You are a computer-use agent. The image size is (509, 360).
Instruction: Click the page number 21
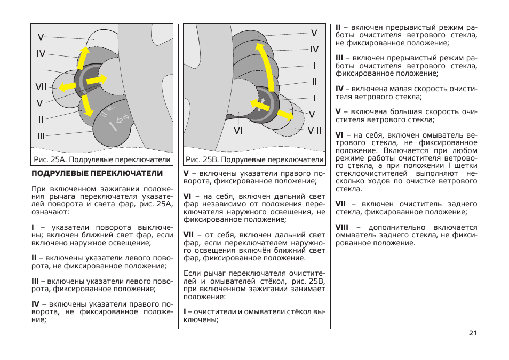(472, 333)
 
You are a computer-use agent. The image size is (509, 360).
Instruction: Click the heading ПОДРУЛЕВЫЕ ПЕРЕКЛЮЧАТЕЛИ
(97, 174)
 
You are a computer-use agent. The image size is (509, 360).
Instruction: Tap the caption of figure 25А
(102, 159)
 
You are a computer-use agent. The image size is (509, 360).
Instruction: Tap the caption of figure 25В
(254, 159)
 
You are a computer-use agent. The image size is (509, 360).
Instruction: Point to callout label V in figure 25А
(41, 37)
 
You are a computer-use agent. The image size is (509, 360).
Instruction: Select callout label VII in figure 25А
(42, 86)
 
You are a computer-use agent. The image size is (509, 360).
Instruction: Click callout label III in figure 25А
(41, 137)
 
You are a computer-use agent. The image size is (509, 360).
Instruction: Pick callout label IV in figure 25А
(41, 54)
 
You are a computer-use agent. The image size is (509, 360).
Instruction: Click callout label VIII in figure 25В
(314, 131)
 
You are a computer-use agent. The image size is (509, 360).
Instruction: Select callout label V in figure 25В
(314, 33)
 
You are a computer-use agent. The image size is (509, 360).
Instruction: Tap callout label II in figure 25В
(314, 82)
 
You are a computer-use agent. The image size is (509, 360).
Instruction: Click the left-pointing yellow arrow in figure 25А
(67, 86)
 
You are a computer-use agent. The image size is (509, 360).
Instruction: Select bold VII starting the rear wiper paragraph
(340, 204)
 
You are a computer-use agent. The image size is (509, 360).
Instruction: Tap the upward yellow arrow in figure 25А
(83, 57)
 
